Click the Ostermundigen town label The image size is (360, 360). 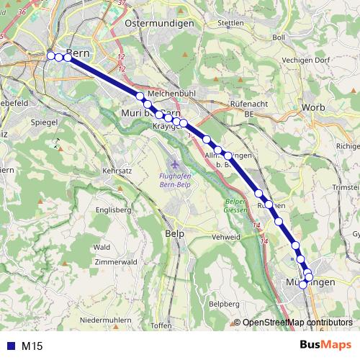[x=159, y=24]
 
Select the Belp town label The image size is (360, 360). [x=175, y=234]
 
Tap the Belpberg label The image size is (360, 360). [x=223, y=305]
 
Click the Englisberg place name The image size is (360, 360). [x=113, y=210]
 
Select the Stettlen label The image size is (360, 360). [x=230, y=23]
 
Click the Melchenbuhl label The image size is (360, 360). [x=168, y=94]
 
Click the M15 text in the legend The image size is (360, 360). [x=32, y=346]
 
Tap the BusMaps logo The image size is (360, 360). [x=325, y=346]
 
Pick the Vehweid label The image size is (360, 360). [x=225, y=237]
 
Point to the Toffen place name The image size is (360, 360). [x=161, y=325]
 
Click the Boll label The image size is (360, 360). [x=279, y=37]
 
